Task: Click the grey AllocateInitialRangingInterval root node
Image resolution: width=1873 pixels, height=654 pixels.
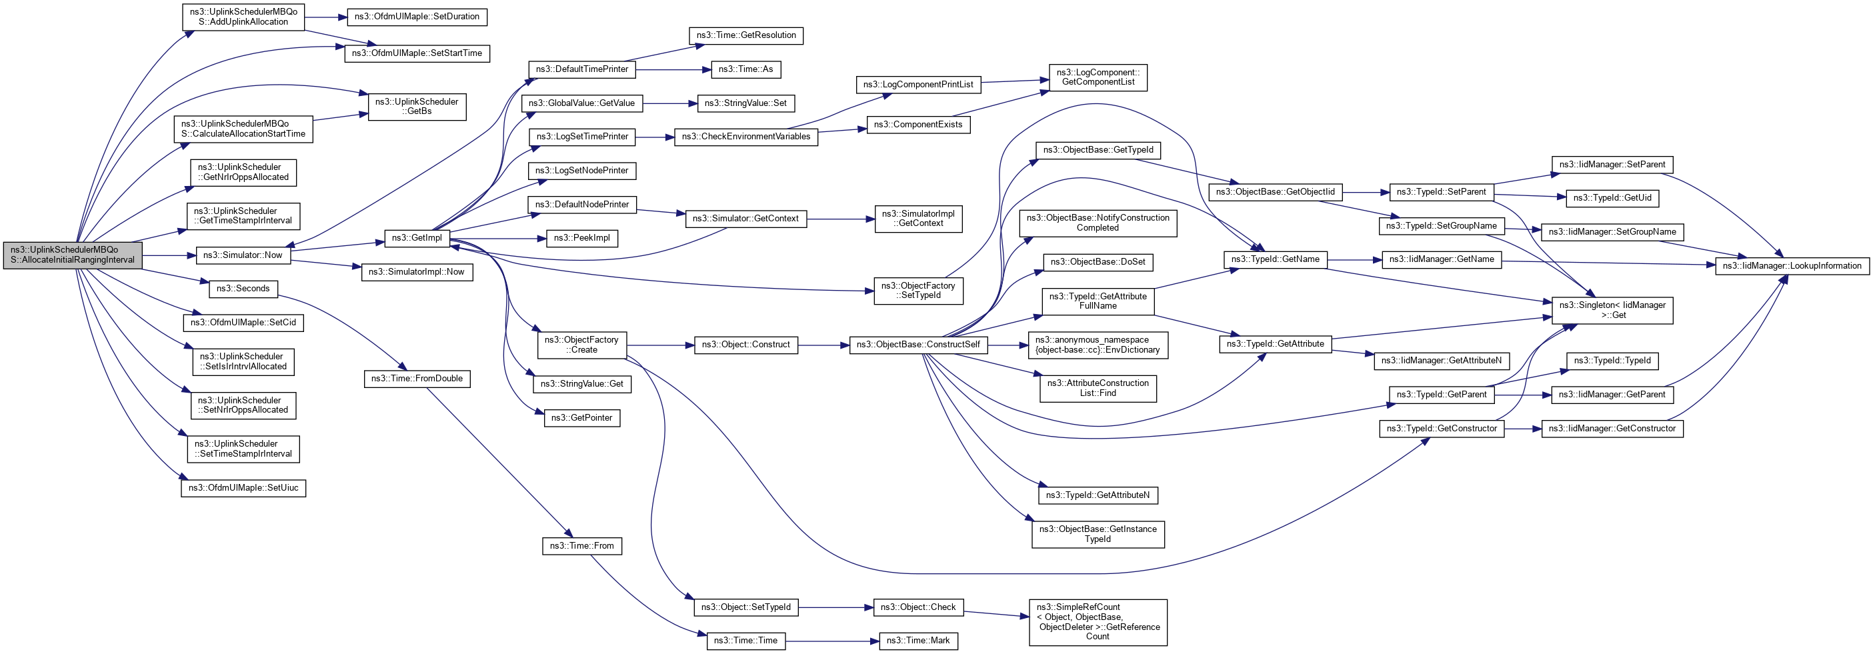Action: click(x=73, y=255)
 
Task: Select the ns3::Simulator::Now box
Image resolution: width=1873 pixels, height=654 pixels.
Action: click(x=243, y=255)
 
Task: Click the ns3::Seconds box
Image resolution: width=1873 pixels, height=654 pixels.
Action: click(x=243, y=289)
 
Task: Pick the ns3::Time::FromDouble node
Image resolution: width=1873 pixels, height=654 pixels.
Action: click(x=417, y=379)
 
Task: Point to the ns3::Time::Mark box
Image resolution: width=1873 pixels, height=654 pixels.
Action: click(x=917, y=641)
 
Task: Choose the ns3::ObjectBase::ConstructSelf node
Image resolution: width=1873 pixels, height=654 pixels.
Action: click(x=917, y=345)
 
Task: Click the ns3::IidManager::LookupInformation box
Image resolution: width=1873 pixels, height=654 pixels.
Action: click(x=1792, y=266)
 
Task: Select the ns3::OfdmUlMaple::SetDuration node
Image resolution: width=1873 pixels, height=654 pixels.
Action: click(x=417, y=17)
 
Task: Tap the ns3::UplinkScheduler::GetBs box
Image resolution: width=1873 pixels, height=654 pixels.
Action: click(x=417, y=106)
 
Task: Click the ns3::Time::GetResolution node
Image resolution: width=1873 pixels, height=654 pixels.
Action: click(x=745, y=35)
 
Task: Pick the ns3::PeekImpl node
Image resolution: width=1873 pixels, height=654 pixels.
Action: click(x=581, y=239)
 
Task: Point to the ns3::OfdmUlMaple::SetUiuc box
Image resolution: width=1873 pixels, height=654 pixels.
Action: click(x=243, y=487)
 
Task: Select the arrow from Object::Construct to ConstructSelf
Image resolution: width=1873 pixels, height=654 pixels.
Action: click(x=823, y=345)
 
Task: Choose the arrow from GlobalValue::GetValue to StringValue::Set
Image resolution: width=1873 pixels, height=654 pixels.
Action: click(x=669, y=104)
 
